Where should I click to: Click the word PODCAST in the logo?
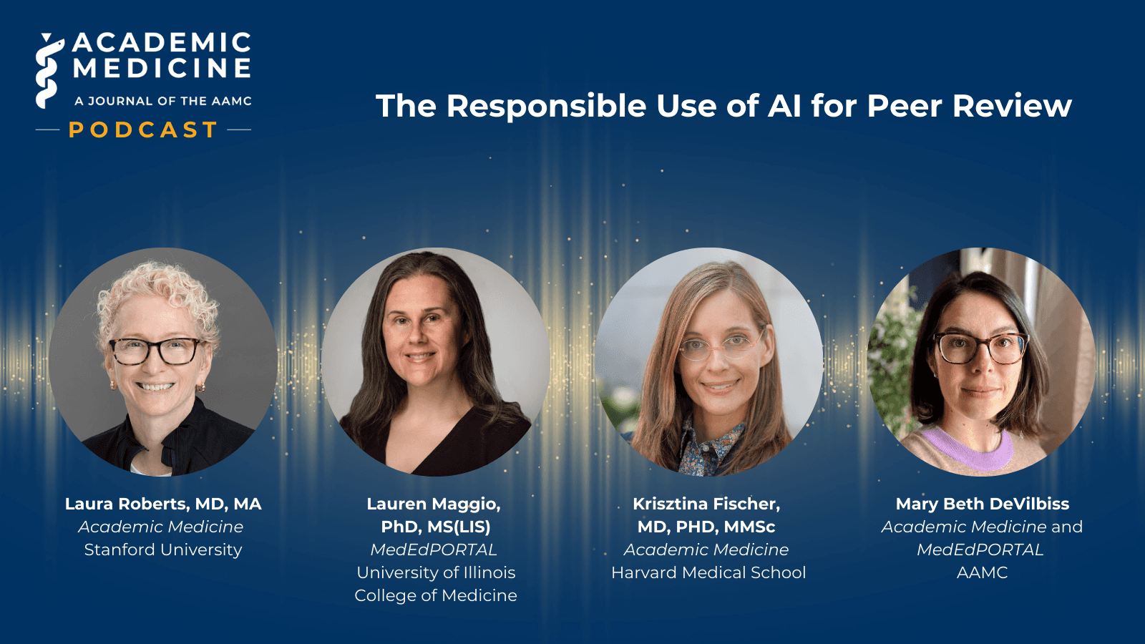[x=143, y=130]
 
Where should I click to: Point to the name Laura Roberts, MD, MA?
[x=163, y=504]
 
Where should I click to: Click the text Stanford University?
[x=163, y=550]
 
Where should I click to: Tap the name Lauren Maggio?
[x=434, y=504]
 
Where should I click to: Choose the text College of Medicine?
[x=436, y=595]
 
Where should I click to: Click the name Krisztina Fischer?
[x=706, y=504]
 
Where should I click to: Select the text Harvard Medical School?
[x=708, y=572]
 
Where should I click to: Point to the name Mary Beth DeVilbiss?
[x=982, y=504]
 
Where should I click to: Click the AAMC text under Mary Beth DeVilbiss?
[x=982, y=572]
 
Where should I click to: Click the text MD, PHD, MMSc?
[x=706, y=527]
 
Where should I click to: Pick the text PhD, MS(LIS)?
[x=436, y=527]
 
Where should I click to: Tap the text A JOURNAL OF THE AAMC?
[x=163, y=101]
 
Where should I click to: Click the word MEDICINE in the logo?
[x=162, y=69]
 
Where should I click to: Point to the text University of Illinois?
[x=436, y=572]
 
